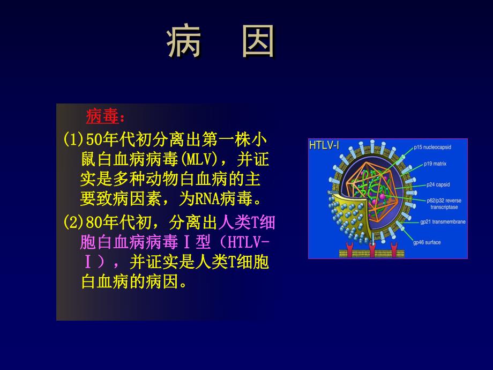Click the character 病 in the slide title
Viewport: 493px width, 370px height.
click(184, 42)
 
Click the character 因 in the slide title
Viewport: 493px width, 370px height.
click(258, 42)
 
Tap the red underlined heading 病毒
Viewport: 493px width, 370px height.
click(102, 116)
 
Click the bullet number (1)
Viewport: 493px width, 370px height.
click(74, 140)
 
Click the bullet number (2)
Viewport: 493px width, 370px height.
click(74, 222)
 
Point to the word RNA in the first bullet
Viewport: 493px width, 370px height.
click(206, 200)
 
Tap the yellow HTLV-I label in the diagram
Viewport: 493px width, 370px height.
click(324, 145)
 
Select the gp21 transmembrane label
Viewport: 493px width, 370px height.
click(438, 221)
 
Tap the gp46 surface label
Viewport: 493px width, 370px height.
click(426, 242)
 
